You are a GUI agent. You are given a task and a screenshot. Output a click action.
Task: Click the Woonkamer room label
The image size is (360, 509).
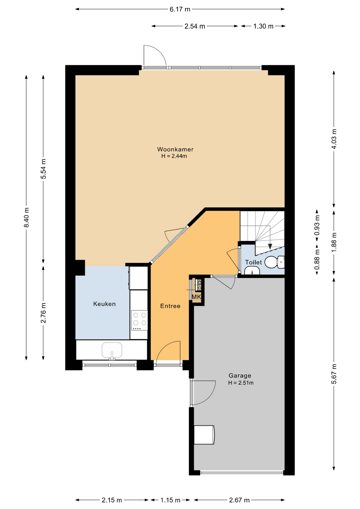point(175,149)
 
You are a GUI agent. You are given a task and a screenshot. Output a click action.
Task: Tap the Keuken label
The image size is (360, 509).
point(104,304)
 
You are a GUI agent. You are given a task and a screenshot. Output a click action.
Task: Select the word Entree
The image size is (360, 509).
point(170,306)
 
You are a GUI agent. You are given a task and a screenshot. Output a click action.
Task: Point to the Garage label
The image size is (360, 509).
point(240,375)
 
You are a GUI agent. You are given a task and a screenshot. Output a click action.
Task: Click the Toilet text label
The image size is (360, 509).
point(253,262)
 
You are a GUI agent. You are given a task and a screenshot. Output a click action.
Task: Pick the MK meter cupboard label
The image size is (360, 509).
point(196,297)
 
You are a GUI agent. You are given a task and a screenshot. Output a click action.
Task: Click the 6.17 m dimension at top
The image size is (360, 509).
point(180,9)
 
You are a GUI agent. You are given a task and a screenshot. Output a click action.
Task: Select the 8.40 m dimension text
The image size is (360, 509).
point(27,217)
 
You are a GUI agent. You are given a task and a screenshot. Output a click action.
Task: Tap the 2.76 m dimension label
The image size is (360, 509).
point(43,313)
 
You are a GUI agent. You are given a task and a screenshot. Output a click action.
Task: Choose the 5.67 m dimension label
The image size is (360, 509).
point(334,374)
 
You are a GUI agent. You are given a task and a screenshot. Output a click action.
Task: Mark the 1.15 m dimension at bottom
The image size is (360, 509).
point(170,500)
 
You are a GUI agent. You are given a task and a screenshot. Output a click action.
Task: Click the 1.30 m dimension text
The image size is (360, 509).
point(263,26)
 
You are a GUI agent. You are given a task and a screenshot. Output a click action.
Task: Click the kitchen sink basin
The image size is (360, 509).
point(112,350)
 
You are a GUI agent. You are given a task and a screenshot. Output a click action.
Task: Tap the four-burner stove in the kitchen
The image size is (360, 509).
point(140,320)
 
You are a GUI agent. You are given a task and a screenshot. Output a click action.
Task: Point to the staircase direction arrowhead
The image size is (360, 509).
point(270,247)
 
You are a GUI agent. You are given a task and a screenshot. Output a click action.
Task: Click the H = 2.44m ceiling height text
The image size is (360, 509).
point(174,156)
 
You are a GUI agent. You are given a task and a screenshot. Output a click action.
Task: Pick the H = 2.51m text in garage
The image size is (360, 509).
point(241,383)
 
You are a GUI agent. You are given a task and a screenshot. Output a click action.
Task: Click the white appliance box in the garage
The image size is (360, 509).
point(204,435)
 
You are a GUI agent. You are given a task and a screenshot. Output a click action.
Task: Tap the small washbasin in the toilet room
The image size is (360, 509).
point(252,271)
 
